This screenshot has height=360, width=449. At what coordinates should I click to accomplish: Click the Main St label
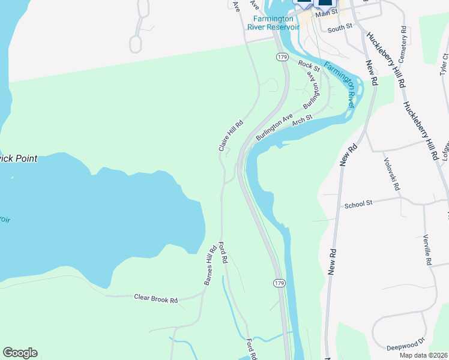(327, 13)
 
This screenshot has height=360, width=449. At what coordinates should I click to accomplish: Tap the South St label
(339, 28)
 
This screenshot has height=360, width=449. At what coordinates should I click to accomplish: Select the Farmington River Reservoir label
(273, 22)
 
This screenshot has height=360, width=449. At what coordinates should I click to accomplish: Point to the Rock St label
(306, 64)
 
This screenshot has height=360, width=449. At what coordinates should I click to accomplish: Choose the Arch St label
(303, 121)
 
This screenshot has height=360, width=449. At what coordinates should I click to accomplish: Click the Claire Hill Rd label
(231, 136)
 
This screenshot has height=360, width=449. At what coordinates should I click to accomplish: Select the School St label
(359, 205)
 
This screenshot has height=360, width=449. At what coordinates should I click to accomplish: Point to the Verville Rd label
(427, 250)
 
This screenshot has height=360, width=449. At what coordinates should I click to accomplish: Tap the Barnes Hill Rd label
(209, 266)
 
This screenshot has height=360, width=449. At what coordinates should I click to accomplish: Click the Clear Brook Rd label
(156, 298)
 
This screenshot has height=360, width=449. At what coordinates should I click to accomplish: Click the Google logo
(20, 353)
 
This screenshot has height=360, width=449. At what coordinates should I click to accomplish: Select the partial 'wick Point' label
(19, 159)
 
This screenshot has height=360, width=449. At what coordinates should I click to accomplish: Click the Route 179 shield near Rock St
(281, 56)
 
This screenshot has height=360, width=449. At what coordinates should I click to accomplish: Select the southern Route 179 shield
(279, 283)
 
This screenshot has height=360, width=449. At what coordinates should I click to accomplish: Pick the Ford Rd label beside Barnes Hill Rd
(223, 253)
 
